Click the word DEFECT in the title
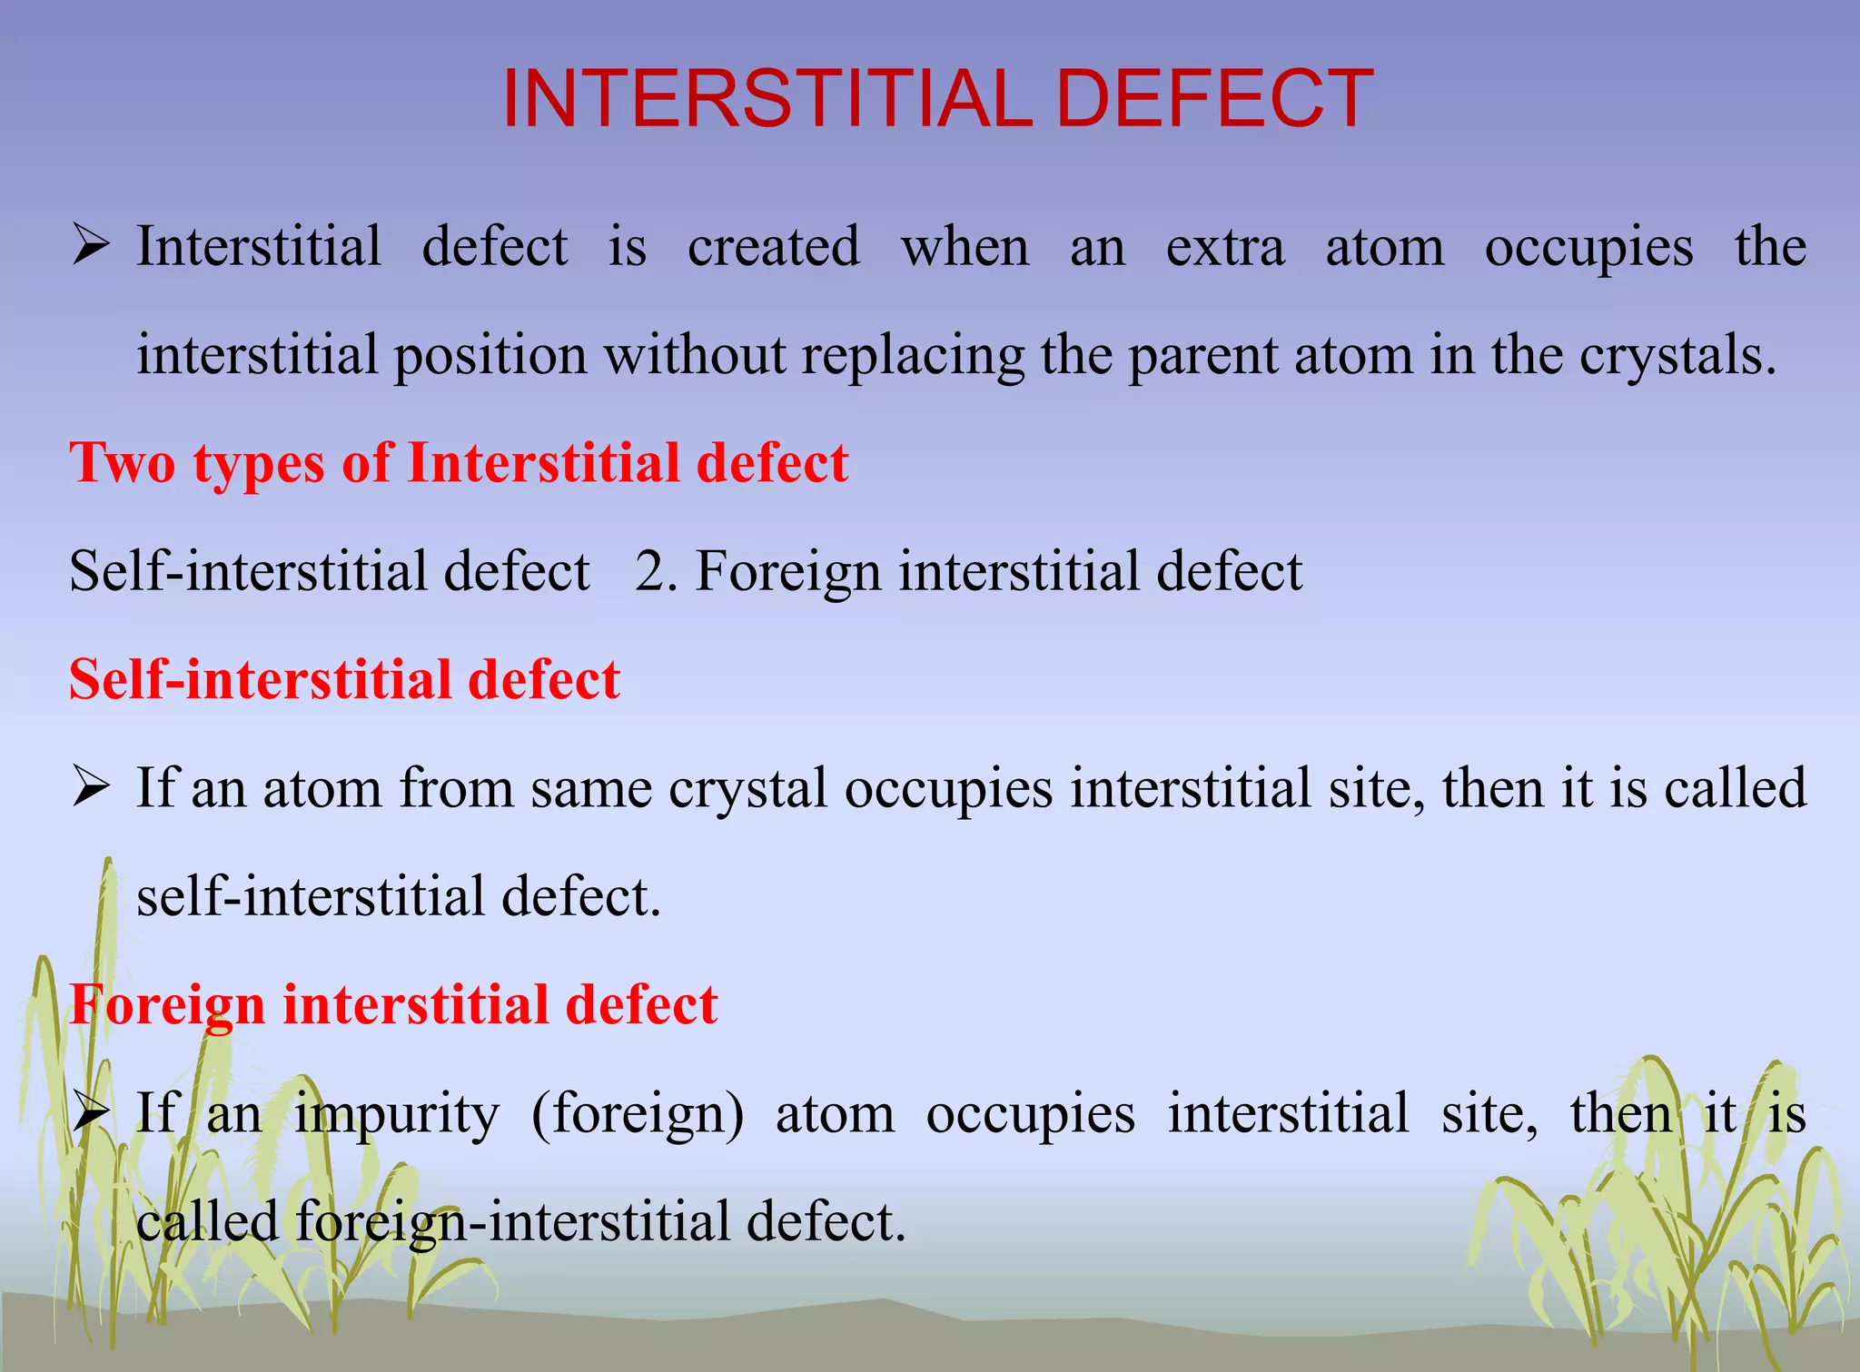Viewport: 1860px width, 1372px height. (x=1214, y=99)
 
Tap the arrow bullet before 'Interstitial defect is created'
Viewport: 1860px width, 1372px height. (x=91, y=246)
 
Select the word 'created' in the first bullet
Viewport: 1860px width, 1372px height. (x=773, y=247)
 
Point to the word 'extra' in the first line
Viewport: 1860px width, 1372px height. (x=1224, y=247)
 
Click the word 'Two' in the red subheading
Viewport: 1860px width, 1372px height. (x=123, y=463)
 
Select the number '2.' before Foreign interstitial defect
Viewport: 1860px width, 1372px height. (x=656, y=572)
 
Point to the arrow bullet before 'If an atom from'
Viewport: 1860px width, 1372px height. (x=91, y=787)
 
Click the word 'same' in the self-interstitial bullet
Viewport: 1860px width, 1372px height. (x=591, y=788)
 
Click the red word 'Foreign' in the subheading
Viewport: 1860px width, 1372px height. (x=166, y=1006)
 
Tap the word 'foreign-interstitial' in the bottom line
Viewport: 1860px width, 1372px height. (x=512, y=1222)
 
